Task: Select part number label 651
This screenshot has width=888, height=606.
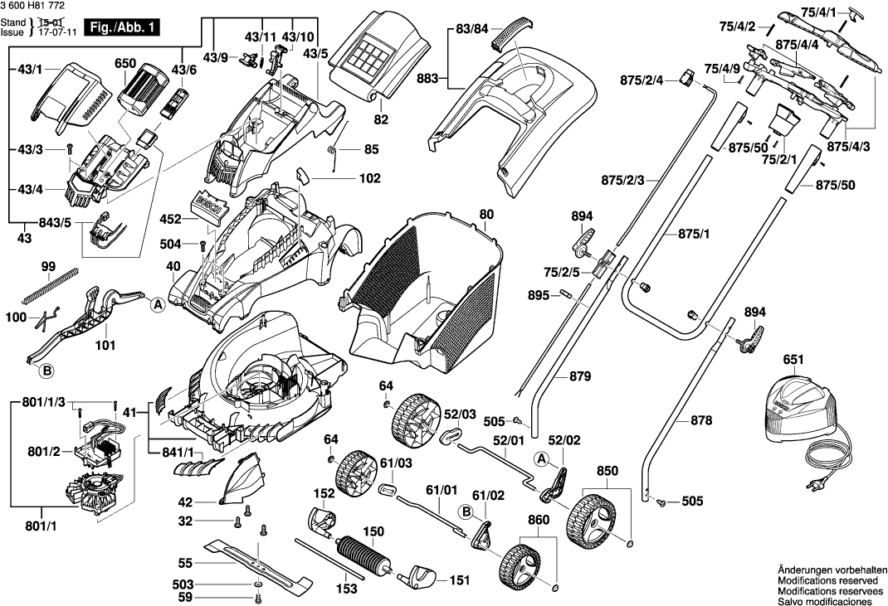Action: [793, 361]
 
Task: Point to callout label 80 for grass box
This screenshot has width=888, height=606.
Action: [485, 214]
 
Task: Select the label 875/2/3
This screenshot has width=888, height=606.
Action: [623, 179]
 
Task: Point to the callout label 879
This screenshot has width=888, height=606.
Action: [582, 377]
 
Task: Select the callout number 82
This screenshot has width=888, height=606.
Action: [381, 119]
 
